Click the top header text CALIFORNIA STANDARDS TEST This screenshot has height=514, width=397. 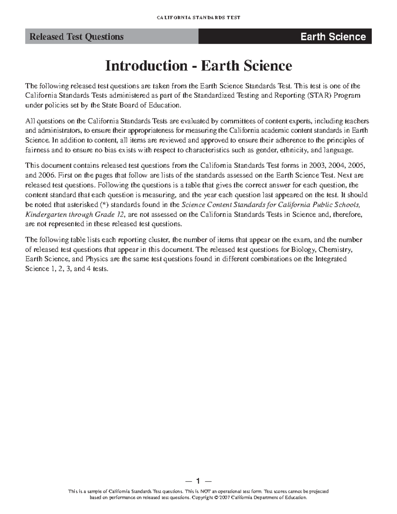coord(198,18)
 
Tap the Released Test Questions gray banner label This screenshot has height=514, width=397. coord(76,37)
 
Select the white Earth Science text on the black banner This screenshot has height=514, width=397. coord(333,37)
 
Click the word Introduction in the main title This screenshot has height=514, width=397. coord(146,66)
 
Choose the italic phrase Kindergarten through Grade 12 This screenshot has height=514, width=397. coord(75,214)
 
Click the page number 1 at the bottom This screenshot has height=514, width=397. coord(198,481)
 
